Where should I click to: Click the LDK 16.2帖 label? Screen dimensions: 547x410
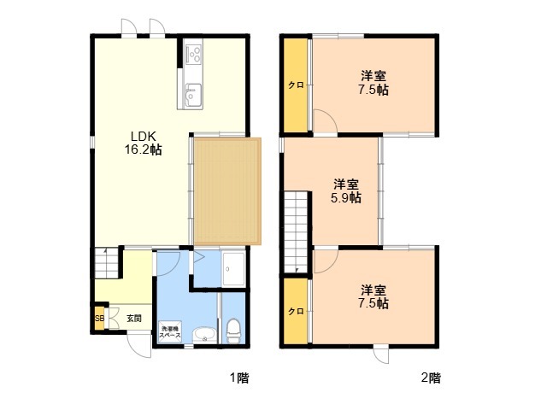[143, 143]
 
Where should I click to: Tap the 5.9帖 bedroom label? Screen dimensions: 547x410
[345, 191]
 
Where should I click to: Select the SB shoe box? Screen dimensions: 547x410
[99, 319]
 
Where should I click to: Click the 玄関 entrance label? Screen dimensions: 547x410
[134, 319]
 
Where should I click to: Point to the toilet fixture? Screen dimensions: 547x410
[233, 331]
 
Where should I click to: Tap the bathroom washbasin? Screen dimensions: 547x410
[205, 335]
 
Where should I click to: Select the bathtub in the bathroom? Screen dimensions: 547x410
[233, 269]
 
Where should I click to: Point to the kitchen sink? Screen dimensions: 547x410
[193, 95]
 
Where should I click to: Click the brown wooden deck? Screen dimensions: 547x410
[227, 191]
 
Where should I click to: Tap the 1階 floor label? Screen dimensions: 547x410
[239, 378]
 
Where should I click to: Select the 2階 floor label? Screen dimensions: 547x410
[431, 378]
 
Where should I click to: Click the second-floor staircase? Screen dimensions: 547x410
[296, 232]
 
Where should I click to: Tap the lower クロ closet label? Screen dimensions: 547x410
[296, 311]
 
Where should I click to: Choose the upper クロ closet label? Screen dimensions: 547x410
[296, 85]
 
